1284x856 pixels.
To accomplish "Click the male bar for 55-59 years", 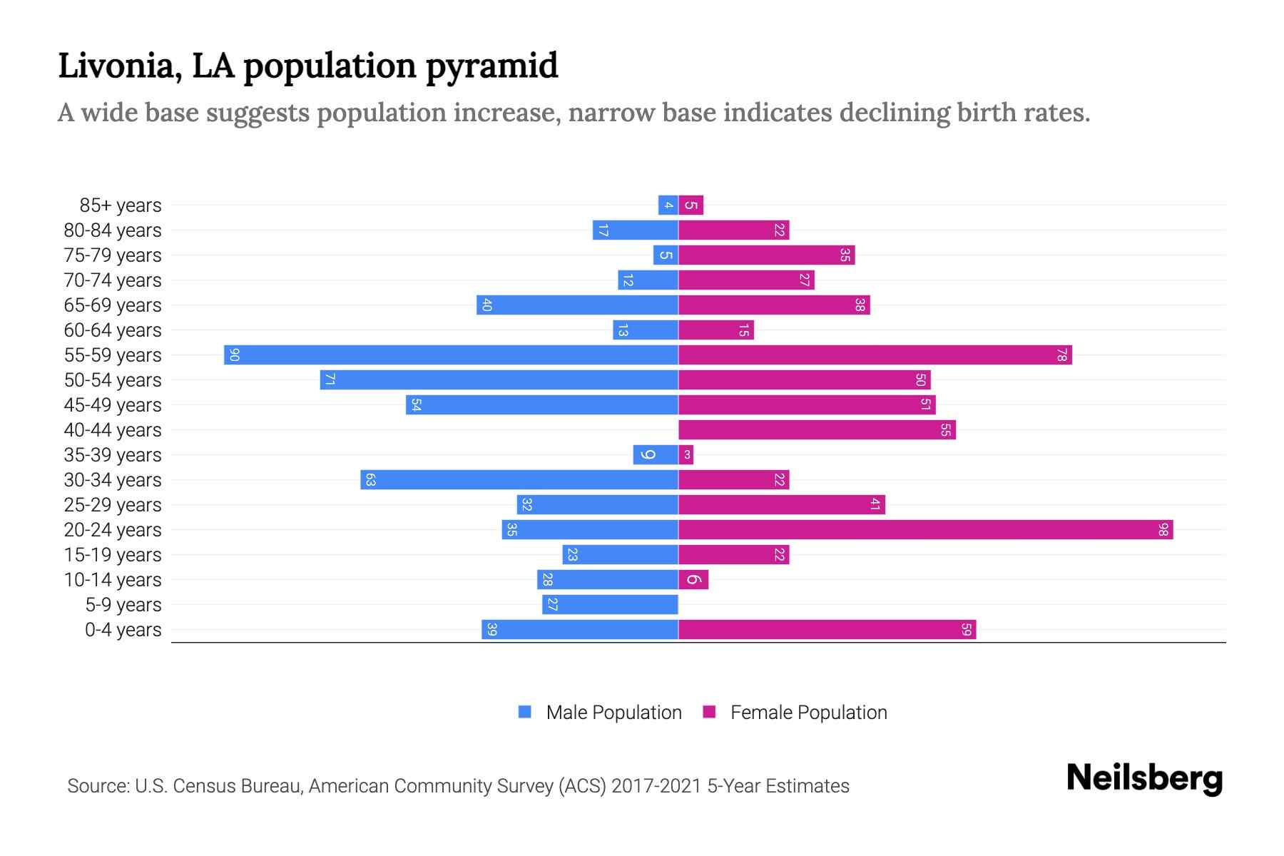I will (x=451, y=355).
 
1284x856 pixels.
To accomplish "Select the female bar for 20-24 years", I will (x=925, y=529).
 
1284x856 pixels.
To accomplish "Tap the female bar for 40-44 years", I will (x=817, y=429).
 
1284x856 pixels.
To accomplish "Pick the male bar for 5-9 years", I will (x=610, y=604).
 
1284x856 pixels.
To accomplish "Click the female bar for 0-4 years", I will (x=827, y=629).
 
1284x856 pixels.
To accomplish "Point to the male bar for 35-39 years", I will (x=656, y=454).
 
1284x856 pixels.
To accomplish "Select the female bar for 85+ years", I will (x=691, y=205).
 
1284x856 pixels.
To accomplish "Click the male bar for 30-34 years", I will (x=519, y=479).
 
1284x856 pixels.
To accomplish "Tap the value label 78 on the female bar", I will (x=1061, y=355).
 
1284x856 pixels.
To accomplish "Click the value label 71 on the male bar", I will (x=330, y=379).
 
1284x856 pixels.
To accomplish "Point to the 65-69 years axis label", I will (x=113, y=305).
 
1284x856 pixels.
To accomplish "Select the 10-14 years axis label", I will (x=113, y=580).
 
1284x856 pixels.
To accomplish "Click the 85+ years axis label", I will (x=121, y=205).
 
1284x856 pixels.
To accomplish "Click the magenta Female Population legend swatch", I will (x=709, y=712).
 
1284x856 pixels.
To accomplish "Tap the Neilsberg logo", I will (x=1144, y=778).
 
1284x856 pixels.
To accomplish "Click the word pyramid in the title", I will (x=491, y=66).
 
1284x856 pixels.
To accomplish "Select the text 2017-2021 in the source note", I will (x=656, y=786).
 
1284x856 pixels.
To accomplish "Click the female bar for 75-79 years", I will (x=766, y=255).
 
